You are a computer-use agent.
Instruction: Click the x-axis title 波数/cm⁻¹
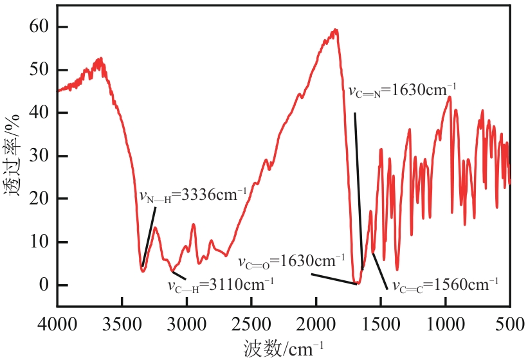(x=284, y=348)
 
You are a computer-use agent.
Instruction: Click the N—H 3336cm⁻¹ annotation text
(x=194, y=195)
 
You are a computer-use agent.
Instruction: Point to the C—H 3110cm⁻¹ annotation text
(x=221, y=283)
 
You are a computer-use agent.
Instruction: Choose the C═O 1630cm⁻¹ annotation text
(x=292, y=262)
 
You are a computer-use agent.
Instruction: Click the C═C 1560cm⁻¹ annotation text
(x=445, y=283)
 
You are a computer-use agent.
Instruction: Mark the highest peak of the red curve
(x=335, y=30)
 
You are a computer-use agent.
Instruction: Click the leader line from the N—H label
(x=149, y=236)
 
